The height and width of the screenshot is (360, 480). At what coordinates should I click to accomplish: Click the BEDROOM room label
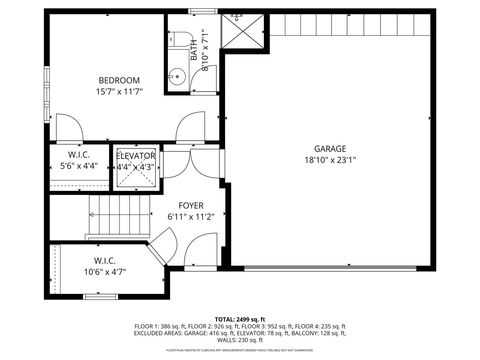click(118, 80)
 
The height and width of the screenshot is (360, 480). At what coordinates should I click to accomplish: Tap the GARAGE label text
click(330, 147)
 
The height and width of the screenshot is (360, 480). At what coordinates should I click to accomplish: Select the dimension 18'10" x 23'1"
click(330, 159)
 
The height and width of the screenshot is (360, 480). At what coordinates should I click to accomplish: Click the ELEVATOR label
click(135, 156)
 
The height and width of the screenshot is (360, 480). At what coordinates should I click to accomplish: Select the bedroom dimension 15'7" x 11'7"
click(118, 92)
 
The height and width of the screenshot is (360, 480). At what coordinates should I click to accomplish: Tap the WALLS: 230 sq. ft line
click(240, 340)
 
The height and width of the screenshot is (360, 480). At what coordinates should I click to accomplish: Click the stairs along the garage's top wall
click(350, 25)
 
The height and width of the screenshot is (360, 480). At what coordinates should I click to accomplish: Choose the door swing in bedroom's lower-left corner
click(68, 127)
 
